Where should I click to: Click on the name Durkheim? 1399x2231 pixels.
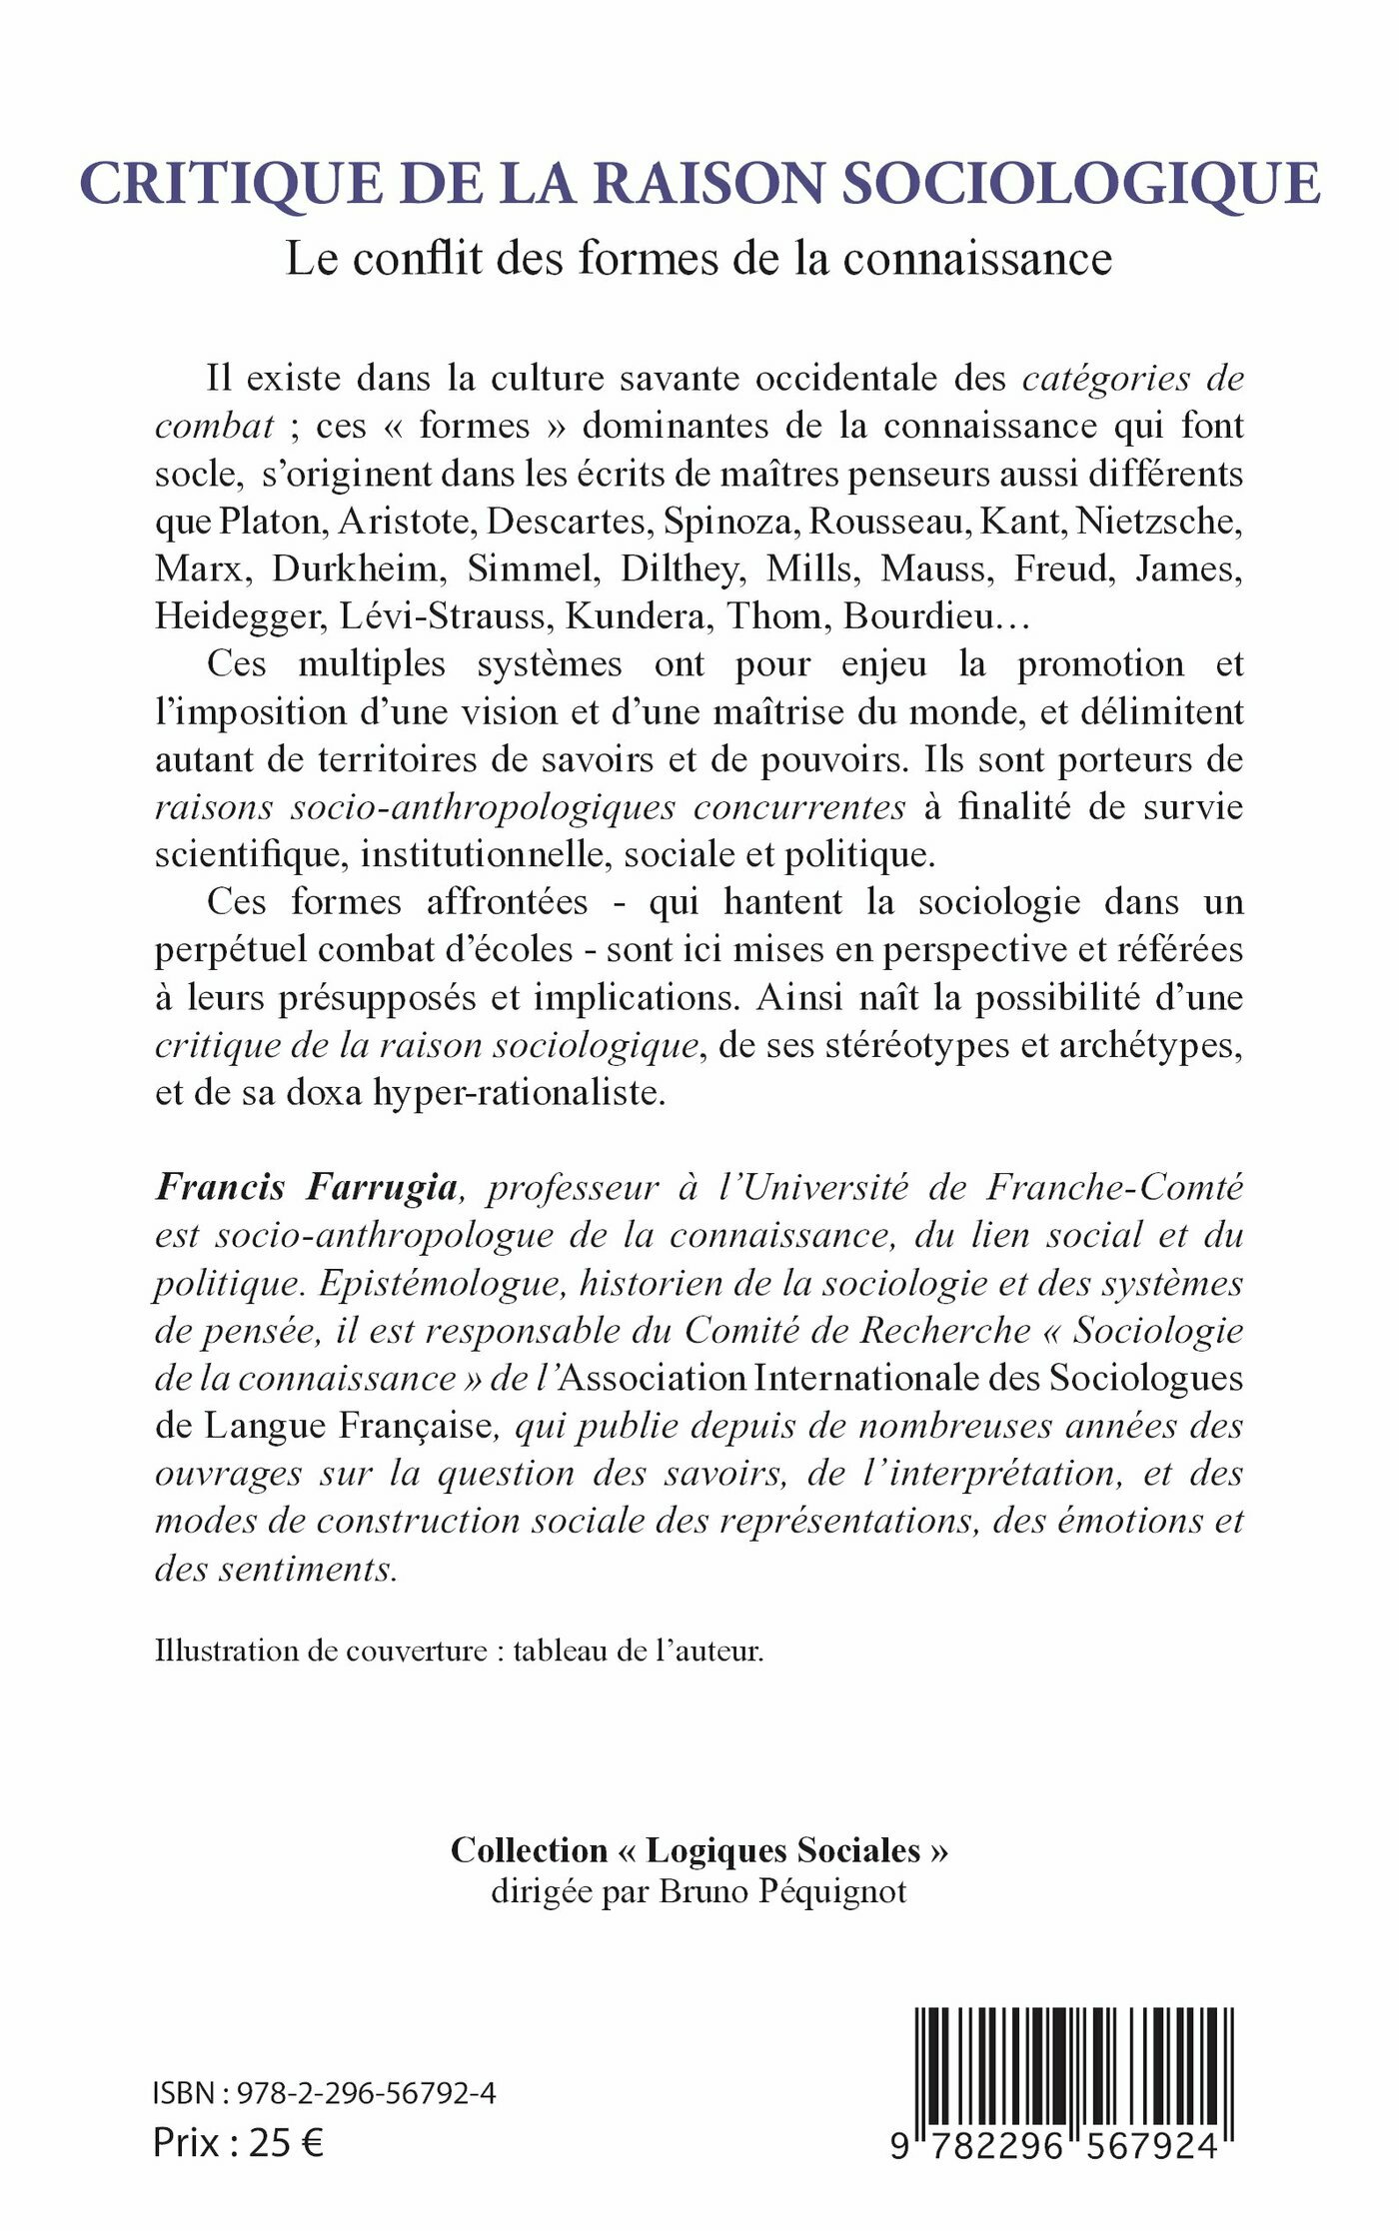pos(355,568)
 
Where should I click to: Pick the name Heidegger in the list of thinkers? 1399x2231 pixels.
pos(240,616)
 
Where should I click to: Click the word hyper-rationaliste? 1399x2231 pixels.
pos(519,1092)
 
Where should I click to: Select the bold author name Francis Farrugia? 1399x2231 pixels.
pos(306,1187)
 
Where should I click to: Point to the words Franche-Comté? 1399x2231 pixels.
pos(1115,1187)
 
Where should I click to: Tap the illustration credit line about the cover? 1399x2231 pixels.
pos(459,1651)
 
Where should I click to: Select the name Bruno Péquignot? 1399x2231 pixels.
pos(782,1891)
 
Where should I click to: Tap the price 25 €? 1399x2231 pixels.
pos(286,2143)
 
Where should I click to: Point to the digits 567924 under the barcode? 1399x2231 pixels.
pos(1151,2146)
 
